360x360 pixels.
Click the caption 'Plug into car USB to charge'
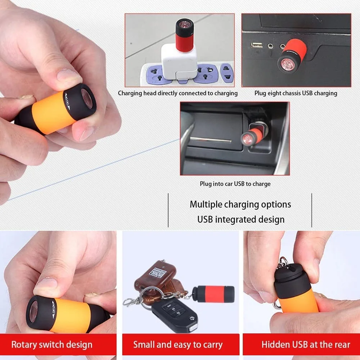pos(235,184)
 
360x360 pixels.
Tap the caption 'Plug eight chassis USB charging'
pos(296,93)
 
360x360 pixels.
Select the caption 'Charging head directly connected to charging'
pos(178,93)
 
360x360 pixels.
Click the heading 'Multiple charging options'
pos(240,204)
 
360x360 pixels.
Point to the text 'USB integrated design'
pos(240,219)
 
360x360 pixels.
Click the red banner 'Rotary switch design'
pos(52,345)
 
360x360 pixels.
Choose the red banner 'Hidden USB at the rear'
pos(306,345)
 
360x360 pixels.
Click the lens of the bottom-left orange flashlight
pos(33,310)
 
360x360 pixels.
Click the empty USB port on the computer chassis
pos(256,45)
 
